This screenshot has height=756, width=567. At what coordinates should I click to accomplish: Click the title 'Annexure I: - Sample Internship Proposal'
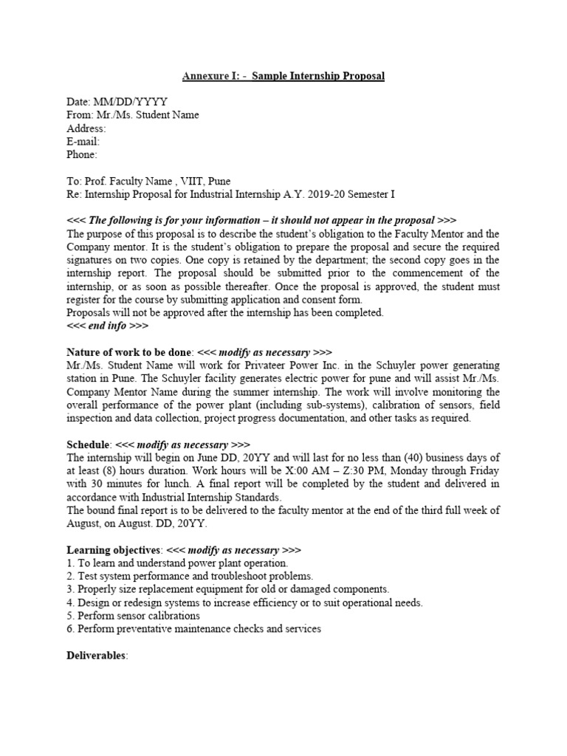283,76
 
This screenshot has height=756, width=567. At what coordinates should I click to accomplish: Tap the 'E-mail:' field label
83,142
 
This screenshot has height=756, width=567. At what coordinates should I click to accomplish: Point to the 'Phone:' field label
82,155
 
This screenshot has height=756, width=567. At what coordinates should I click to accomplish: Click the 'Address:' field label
86,128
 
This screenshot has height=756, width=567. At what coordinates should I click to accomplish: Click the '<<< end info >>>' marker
108,326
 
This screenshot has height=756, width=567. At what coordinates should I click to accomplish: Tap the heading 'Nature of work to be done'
130,353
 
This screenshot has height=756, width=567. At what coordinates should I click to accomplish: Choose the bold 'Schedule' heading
89,445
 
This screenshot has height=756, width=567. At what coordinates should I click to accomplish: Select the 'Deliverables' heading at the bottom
97,656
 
